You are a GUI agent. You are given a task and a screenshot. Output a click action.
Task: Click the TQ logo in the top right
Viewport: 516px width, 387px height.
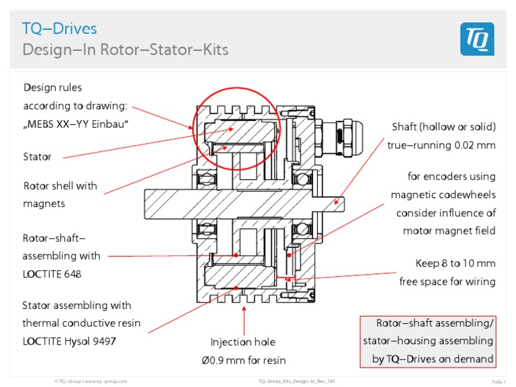point(477,39)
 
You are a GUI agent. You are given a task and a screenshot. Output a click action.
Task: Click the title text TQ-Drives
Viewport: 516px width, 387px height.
point(60,28)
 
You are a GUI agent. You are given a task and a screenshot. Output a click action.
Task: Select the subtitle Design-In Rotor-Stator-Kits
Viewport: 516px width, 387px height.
point(125,50)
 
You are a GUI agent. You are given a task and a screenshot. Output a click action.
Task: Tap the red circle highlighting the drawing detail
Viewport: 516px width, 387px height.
point(235,127)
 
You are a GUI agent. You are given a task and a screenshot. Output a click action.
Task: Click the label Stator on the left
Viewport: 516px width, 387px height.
point(37,157)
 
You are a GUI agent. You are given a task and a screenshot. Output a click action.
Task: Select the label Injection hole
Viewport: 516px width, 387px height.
point(243,342)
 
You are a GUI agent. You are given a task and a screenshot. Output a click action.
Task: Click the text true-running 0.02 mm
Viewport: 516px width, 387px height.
point(441,144)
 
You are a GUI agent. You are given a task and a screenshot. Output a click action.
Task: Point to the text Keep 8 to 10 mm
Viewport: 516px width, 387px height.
point(456,263)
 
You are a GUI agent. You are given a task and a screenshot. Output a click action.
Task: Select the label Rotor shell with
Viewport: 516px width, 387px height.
point(60,185)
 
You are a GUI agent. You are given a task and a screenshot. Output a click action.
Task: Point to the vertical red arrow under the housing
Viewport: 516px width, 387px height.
point(243,316)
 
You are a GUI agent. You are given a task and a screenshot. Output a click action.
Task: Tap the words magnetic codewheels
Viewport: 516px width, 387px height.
point(443,195)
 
